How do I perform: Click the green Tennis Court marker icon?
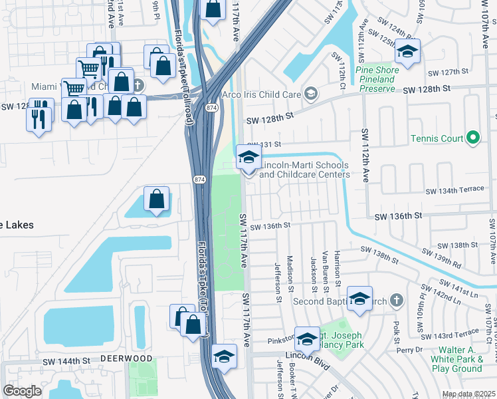[x=472, y=138]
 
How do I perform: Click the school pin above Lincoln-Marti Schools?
[x=248, y=158]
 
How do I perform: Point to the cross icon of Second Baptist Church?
[x=397, y=300]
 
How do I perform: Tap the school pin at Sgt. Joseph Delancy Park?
[x=307, y=340]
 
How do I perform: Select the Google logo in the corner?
[x=23, y=391]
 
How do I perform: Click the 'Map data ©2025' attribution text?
[x=468, y=394]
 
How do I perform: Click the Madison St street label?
[x=290, y=273]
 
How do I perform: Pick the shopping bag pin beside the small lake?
[x=156, y=199]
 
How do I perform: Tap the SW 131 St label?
[x=264, y=144]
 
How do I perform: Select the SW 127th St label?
[x=449, y=72]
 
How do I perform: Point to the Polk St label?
[x=395, y=329]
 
